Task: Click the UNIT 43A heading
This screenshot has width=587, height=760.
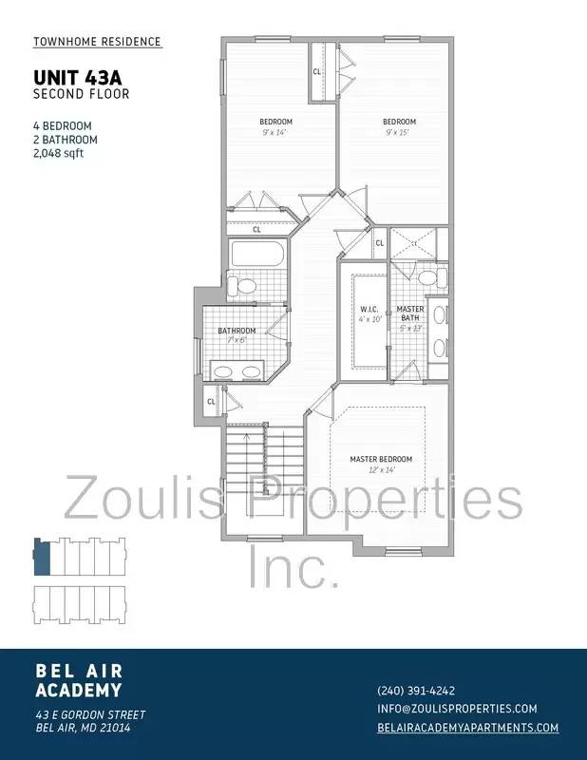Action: tap(73, 78)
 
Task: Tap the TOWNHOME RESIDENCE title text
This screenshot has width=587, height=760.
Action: tap(97, 42)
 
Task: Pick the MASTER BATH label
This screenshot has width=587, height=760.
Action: tap(410, 313)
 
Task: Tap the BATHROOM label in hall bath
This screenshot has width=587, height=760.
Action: tap(237, 331)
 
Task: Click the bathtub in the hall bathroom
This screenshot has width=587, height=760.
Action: tap(256, 254)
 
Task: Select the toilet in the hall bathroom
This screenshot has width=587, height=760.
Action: tap(245, 286)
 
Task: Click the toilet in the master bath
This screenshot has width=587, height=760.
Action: tap(428, 278)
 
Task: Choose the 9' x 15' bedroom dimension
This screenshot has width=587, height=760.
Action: tap(400, 132)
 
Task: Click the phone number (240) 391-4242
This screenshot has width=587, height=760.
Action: tap(416, 691)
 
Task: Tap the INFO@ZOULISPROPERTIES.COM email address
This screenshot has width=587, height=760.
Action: tap(457, 709)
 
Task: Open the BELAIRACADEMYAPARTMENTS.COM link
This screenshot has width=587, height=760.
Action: tap(467, 728)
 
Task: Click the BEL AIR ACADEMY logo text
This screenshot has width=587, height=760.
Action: tap(78, 680)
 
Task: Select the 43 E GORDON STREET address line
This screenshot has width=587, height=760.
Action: tap(90, 714)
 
